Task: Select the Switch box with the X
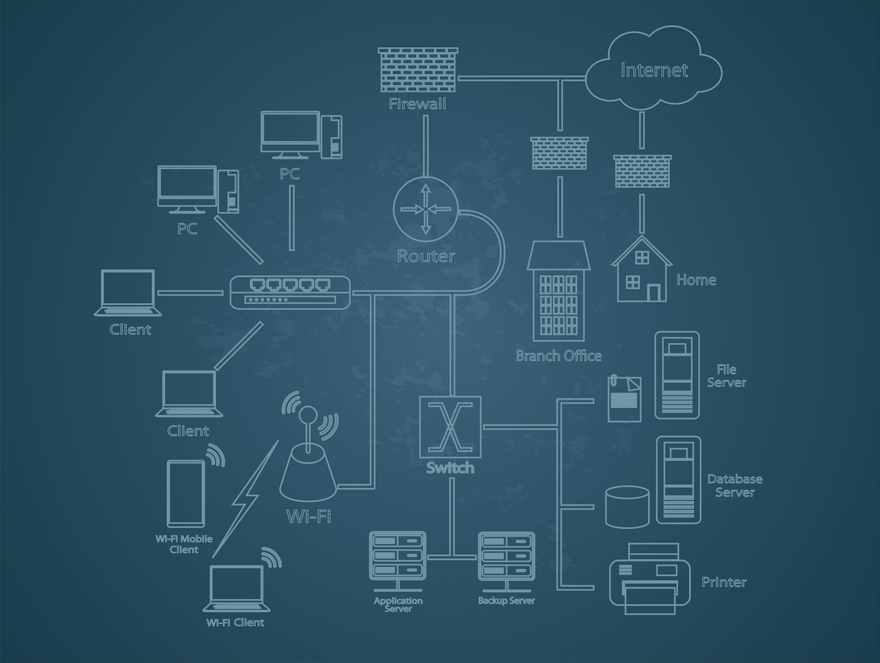point(451,427)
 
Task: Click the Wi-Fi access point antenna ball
point(307,414)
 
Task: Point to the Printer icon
point(650,579)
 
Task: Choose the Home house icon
point(642,269)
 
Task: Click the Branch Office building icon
point(558,291)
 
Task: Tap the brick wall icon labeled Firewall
point(418,70)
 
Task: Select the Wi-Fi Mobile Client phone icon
point(186,494)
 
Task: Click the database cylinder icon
point(627,507)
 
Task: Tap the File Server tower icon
point(677,375)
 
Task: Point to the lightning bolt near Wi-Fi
point(245,499)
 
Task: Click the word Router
point(426,256)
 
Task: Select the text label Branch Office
point(559,356)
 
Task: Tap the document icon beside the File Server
point(625,398)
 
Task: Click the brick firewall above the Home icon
point(642,170)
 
